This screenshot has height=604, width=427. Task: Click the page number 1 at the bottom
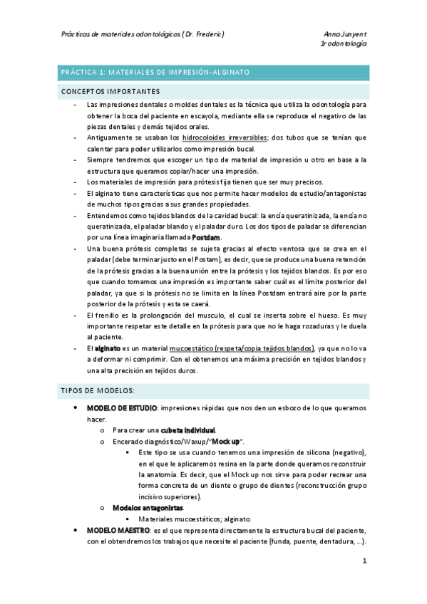point(364,561)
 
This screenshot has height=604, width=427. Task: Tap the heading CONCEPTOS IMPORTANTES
point(110,91)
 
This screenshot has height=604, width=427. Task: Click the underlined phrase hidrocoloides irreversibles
point(225,137)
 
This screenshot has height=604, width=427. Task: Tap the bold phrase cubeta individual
point(188,430)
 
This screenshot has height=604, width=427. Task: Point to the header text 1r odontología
point(344,43)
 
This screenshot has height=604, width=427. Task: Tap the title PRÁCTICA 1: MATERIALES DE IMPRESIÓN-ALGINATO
point(155,73)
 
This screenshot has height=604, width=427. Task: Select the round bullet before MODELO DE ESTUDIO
point(76,408)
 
